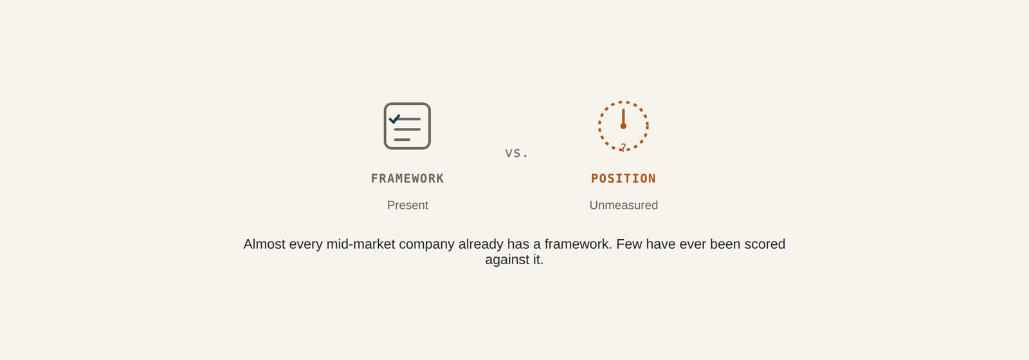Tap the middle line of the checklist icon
pos(408,129)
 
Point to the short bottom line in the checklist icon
pos(402,139)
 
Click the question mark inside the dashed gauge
pos(623,147)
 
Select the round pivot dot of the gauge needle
pos(623,126)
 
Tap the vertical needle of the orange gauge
pos(623,116)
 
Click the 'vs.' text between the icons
pos(516,153)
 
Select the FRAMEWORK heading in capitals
pos(408,179)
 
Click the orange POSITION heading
pos(623,179)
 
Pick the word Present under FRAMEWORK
pos(408,205)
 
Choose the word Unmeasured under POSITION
pos(623,205)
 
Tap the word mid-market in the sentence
pos(361,244)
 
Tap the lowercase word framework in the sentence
pos(578,244)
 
